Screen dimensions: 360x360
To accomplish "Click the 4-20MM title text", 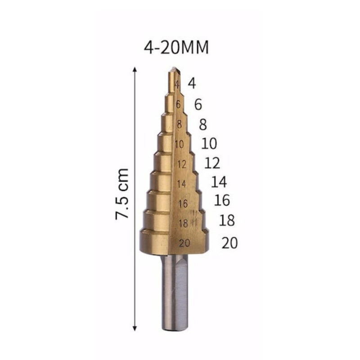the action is pyautogui.click(x=176, y=47).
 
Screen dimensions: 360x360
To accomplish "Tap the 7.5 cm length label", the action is pyautogui.click(x=121, y=194).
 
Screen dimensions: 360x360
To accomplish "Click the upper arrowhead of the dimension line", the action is pyautogui.click(x=135, y=70).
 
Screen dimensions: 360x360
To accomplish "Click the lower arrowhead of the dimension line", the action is pyautogui.click(x=135, y=328).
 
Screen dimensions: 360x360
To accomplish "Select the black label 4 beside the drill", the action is pyautogui.click(x=192, y=83).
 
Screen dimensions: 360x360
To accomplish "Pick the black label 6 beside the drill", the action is pyautogui.click(x=198, y=104).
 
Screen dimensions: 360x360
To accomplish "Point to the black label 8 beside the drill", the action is pyautogui.click(x=203, y=125).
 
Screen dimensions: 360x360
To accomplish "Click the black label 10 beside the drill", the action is pyautogui.click(x=209, y=144).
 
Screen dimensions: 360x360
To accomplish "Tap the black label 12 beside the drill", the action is pyautogui.click(x=212, y=163).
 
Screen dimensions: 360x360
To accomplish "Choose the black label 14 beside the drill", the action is pyautogui.click(x=219, y=182).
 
